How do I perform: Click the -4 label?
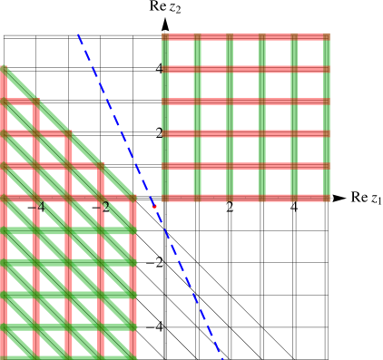(x=38, y=207)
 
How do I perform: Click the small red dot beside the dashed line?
(x=154, y=207)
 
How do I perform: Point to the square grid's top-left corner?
(x=164, y=36)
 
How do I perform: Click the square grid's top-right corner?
(x=327, y=36)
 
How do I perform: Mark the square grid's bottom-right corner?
(x=327, y=199)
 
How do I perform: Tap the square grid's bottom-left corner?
(x=164, y=199)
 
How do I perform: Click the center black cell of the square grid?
(x=246, y=117)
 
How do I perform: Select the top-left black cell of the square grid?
(x=181, y=53)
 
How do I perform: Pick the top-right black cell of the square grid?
(x=310, y=53)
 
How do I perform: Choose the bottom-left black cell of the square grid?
(x=181, y=182)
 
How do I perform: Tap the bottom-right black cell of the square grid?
(x=310, y=182)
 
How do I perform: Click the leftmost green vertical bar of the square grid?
(x=165, y=118)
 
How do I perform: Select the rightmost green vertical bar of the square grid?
(x=327, y=118)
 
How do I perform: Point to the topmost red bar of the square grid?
(x=245, y=37)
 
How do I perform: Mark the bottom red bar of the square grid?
(x=245, y=198)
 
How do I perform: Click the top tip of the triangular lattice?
(x=3, y=67)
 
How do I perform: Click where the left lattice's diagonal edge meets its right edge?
(x=133, y=197)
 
